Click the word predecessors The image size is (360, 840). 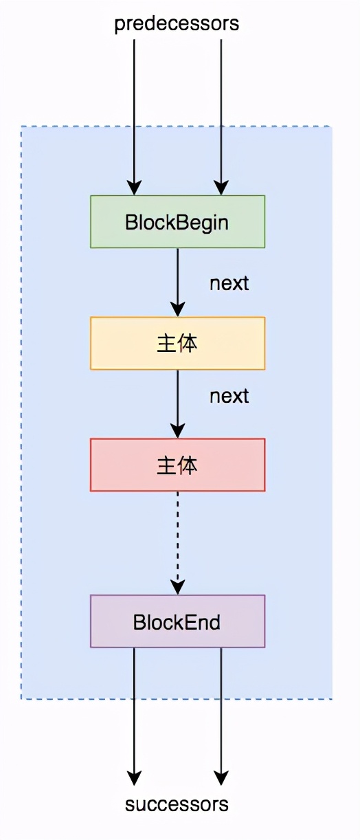pos(177,23)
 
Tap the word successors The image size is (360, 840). pos(177,804)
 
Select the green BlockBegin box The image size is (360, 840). pos(177,222)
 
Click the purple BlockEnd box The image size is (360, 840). pos(177,621)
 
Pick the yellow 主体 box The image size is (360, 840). pos(177,343)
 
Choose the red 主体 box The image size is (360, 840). pos(177,465)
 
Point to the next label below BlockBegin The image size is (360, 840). pos(229,283)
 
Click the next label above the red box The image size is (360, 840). pos(229,397)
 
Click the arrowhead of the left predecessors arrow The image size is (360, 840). pos(134,188)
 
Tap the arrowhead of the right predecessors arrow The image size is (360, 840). pos(221,188)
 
